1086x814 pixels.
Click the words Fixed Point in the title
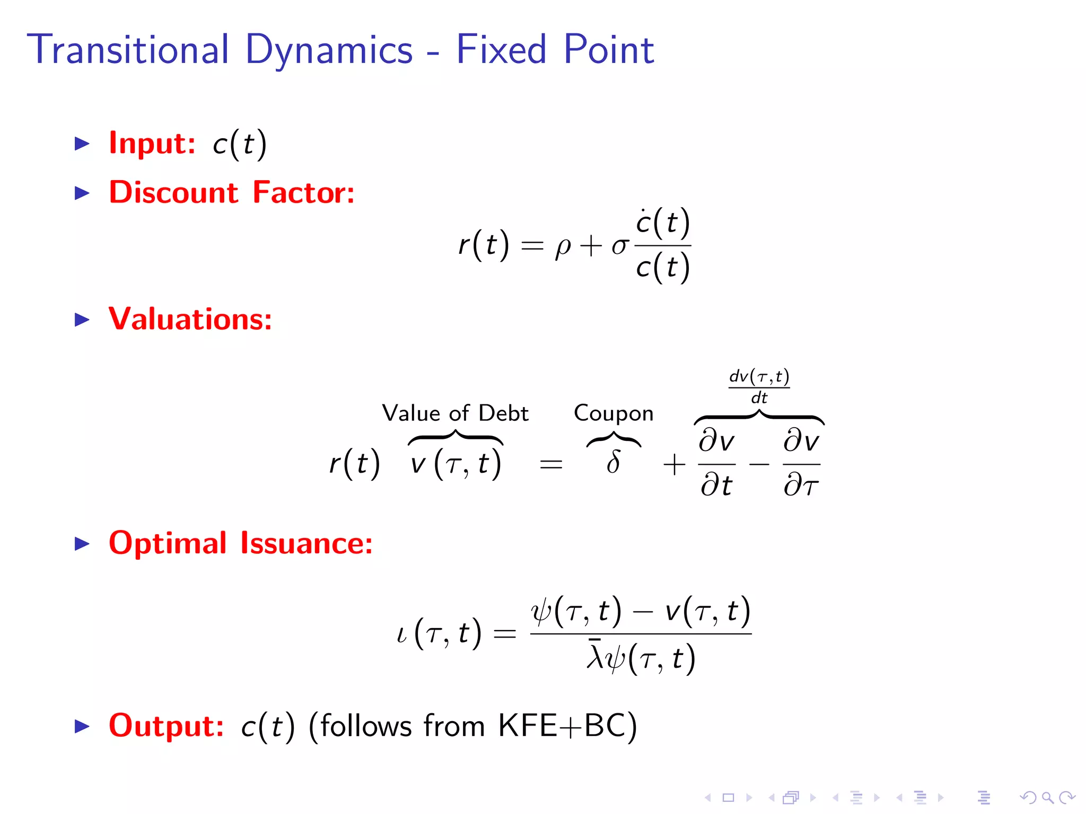pos(555,49)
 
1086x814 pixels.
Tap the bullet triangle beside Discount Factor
pos(82,193)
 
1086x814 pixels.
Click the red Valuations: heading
pos(190,319)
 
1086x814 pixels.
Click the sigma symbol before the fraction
pos(619,246)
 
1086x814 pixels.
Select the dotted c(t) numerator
pos(662,223)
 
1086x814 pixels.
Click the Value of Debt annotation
pos(455,413)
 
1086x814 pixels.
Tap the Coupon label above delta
pos(614,413)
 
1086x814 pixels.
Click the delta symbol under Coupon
pos(614,462)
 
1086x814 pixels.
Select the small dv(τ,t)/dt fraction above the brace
pos(759,386)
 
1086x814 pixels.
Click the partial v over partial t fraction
pos(716,463)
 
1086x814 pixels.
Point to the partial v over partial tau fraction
pos(801,463)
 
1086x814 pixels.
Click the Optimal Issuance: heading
pos(241,543)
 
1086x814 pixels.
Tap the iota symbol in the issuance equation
pos(402,633)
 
